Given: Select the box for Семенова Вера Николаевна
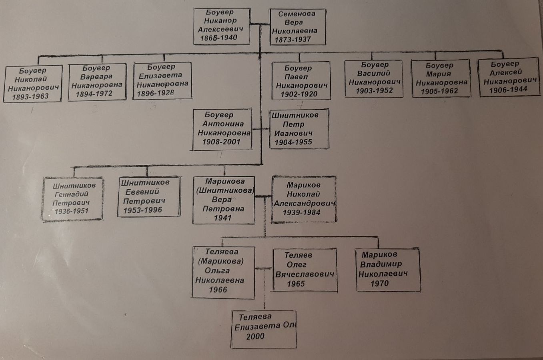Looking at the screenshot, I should click(x=297, y=27).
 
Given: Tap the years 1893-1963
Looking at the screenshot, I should click(x=30, y=96).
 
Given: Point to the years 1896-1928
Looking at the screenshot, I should click(x=156, y=93).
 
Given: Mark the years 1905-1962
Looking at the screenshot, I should click(x=439, y=92).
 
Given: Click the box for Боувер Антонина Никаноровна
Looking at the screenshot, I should click(x=222, y=129).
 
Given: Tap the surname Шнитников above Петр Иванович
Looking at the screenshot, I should click(x=295, y=116).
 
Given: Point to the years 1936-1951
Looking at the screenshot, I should click(x=71, y=211).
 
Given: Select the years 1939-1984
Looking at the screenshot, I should click(x=301, y=212).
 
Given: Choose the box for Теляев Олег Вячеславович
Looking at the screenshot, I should click(x=305, y=270).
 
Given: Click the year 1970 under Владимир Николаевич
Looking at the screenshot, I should click(x=379, y=283).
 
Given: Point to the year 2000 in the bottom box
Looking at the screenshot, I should click(x=255, y=336).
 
